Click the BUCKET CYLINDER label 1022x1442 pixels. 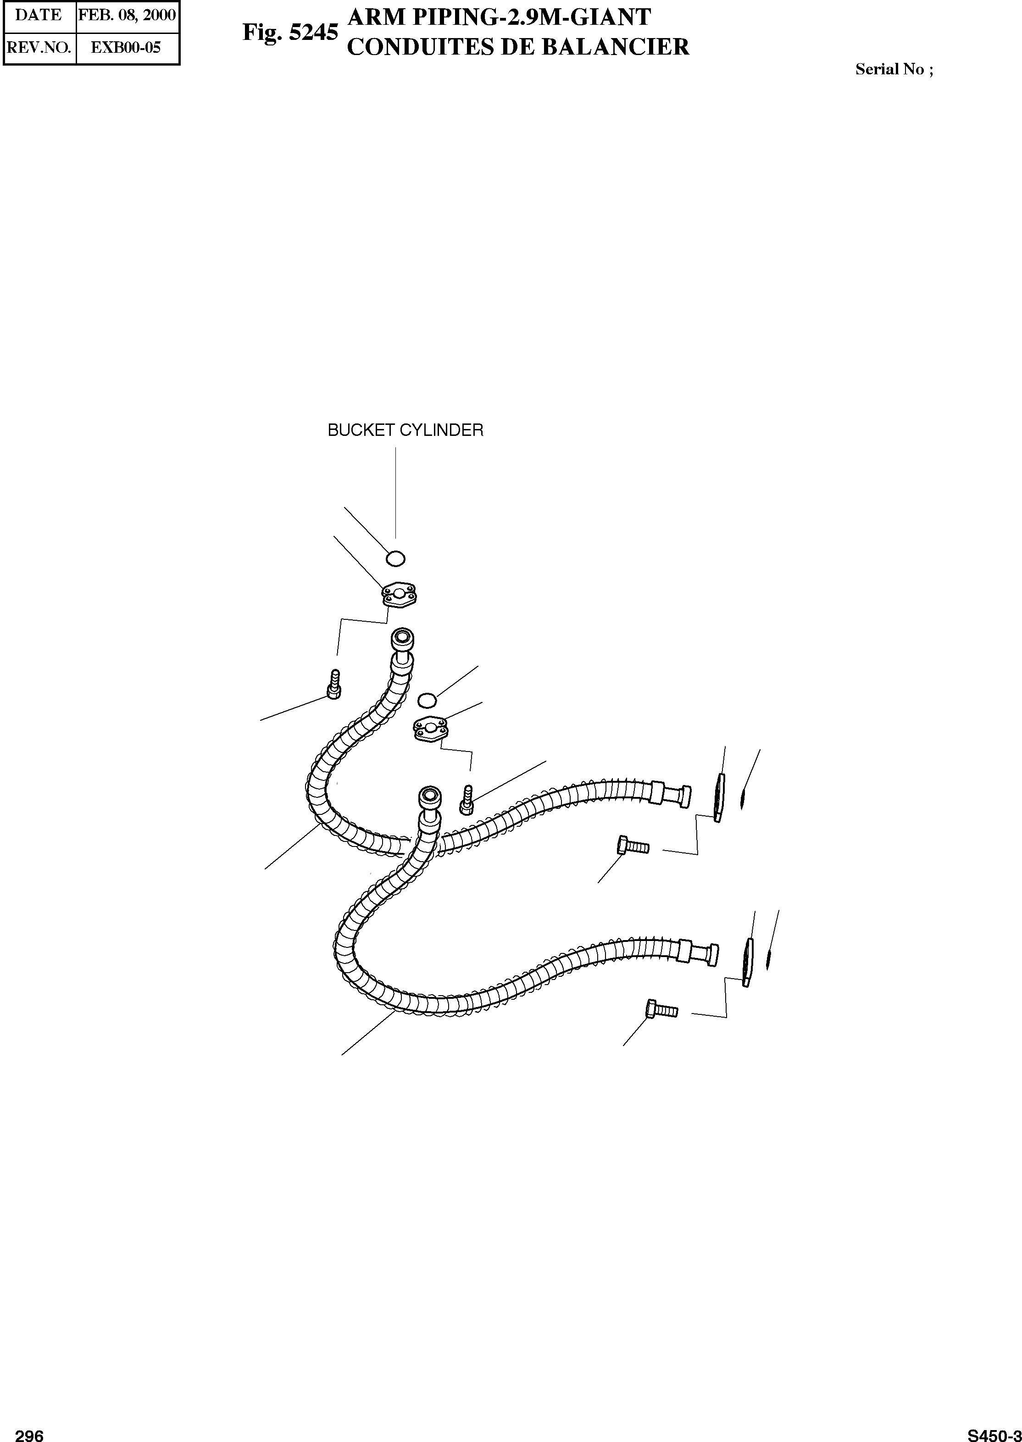[405, 430]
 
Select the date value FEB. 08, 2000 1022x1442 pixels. [127, 15]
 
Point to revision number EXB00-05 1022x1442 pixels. [127, 47]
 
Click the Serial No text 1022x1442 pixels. [894, 70]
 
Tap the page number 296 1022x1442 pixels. [29, 1430]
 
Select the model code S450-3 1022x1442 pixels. [994, 1430]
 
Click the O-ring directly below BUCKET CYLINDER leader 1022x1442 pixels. [395, 557]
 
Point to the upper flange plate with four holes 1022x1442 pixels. [401, 595]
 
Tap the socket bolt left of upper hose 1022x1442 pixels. [334, 685]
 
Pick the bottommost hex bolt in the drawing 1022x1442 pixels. [661, 1010]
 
